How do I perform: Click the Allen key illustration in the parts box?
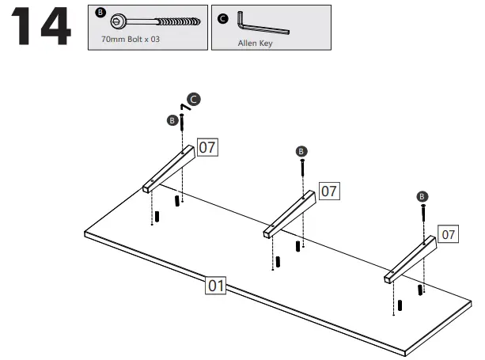(x=267, y=25)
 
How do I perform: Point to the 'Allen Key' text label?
(x=255, y=44)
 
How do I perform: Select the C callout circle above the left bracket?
(x=194, y=100)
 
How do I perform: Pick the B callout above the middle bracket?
(x=301, y=150)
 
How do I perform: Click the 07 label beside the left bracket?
(x=207, y=147)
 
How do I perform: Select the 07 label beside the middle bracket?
(x=329, y=191)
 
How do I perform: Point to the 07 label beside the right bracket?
(x=449, y=234)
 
